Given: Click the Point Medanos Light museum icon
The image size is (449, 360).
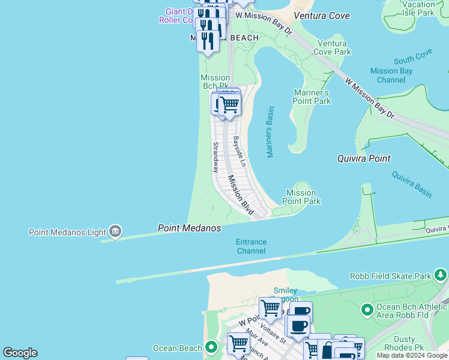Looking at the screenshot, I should tap(115, 232).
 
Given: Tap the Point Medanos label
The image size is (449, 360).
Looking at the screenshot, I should tap(189, 229).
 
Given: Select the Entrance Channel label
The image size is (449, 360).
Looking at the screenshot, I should tap(251, 246).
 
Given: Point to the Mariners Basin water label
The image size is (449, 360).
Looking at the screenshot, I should tap(270, 133).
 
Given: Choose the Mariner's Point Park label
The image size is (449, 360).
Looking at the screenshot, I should tap(312, 97).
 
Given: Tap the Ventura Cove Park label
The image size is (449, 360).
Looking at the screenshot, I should tap(332, 47).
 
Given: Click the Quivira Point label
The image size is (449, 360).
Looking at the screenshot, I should tap(364, 158).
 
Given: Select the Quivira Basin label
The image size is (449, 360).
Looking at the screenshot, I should tap(412, 184).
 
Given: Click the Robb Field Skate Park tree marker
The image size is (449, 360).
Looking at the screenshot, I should tap(441, 275).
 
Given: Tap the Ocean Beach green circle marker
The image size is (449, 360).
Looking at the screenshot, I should tap(211, 348).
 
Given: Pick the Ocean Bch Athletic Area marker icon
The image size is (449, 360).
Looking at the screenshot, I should tap(367, 310).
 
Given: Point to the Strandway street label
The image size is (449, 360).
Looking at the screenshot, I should tap(215, 157).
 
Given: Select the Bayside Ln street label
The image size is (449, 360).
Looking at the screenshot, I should tap(240, 151).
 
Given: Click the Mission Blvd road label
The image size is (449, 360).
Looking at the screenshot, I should tap(240, 194).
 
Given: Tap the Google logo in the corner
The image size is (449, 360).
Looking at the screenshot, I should tap(20, 353).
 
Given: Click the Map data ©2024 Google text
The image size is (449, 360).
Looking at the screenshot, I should tap(412, 355).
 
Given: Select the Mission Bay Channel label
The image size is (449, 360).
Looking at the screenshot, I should tap(391, 75).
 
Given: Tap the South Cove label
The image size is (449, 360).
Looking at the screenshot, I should tap(413, 59).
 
